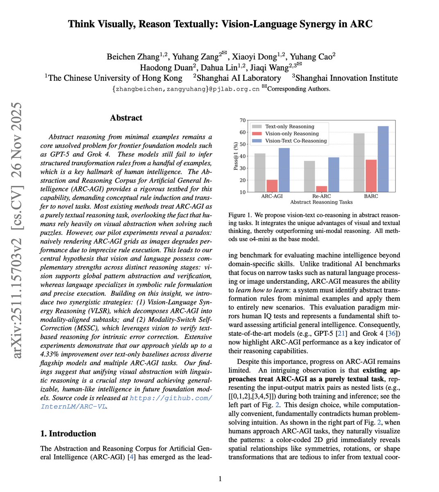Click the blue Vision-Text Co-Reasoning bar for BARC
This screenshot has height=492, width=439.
(x=383, y=159)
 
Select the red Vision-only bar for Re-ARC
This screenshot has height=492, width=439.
(x=322, y=189)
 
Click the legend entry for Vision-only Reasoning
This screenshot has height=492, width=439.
(x=291, y=134)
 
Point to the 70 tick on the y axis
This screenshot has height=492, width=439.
(x=243, y=121)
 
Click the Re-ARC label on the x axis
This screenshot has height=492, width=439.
(x=321, y=196)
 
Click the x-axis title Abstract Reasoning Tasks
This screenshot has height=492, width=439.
(x=321, y=202)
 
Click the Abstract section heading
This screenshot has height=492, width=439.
(x=126, y=118)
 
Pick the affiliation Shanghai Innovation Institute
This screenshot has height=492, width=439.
(x=346, y=78)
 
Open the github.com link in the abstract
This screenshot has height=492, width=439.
(x=171, y=398)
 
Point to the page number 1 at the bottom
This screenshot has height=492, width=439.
(x=220, y=478)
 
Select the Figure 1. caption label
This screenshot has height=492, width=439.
(x=239, y=215)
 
